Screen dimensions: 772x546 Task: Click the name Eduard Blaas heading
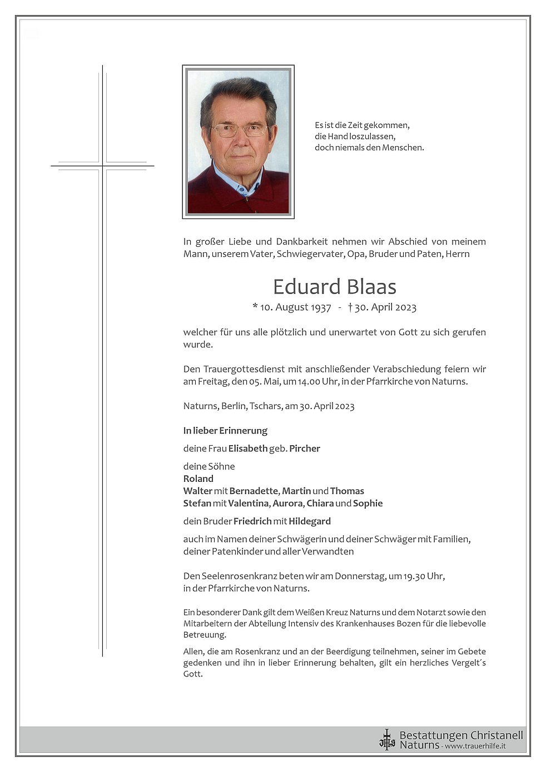click(334, 287)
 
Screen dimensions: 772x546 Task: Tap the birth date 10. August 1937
click(295, 307)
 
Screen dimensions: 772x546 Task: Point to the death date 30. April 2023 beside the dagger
click(385, 307)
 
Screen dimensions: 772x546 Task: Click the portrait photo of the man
click(238, 142)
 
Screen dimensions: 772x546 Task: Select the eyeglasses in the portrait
click(240, 131)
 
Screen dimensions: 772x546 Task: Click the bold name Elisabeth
click(248, 449)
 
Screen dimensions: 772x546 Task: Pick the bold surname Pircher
click(305, 449)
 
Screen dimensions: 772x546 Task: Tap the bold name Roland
click(198, 479)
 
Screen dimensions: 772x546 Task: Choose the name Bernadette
click(254, 491)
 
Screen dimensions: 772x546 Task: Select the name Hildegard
click(310, 521)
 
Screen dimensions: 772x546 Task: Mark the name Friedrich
click(252, 521)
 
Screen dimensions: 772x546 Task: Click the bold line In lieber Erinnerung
click(225, 431)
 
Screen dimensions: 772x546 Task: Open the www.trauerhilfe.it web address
click(475, 746)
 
